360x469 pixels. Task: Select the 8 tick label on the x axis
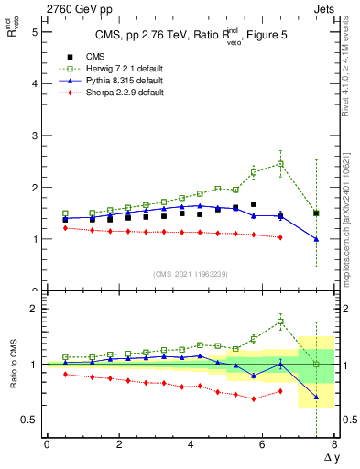point(334,444)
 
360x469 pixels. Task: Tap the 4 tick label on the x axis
point(191,444)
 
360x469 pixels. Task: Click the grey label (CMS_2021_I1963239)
point(191,274)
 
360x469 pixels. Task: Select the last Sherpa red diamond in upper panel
point(280,237)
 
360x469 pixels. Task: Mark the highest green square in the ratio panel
point(280,322)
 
